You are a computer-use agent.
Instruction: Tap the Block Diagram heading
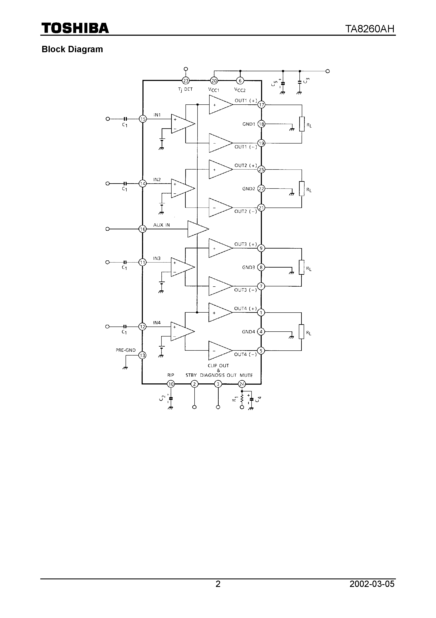click(72, 49)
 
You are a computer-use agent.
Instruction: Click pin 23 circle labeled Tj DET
click(186, 81)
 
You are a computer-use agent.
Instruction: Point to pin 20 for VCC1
click(214, 81)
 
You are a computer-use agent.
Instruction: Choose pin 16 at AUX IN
click(142, 229)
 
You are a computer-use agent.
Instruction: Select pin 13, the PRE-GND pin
click(142, 355)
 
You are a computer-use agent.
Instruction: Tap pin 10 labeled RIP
click(171, 384)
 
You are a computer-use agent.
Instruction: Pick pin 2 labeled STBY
click(194, 384)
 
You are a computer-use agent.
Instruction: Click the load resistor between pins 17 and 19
click(302, 124)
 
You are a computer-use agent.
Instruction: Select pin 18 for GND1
click(261, 124)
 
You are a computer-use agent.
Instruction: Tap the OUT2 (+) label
click(245, 165)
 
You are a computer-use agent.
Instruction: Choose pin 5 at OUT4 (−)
click(261, 350)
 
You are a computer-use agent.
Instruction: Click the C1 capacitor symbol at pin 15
click(125, 119)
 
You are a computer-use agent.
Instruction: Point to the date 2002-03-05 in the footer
click(372, 592)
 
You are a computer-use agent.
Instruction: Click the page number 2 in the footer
click(218, 592)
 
